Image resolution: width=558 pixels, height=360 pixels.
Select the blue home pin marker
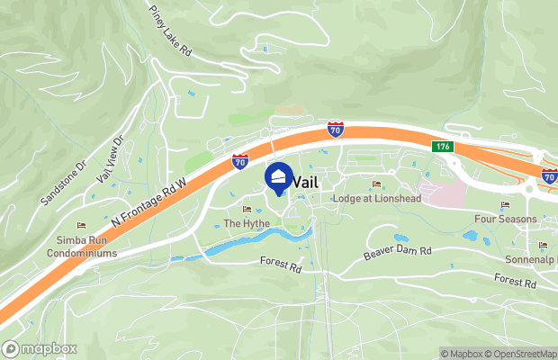(280, 177)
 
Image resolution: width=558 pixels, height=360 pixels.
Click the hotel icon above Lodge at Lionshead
(376, 184)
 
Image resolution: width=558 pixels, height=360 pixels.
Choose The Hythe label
(247, 223)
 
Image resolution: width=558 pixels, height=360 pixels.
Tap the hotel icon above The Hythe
(247, 210)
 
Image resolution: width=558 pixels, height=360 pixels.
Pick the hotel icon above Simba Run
(81, 226)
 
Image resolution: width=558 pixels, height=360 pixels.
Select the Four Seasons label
(505, 219)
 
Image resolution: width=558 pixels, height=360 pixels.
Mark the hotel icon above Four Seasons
(505, 205)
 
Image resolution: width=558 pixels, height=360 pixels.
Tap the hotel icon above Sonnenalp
(542, 245)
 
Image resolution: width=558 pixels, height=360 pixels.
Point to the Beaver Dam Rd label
(398, 251)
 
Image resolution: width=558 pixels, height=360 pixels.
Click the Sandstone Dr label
(63, 182)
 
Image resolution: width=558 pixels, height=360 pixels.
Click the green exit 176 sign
(441, 147)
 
